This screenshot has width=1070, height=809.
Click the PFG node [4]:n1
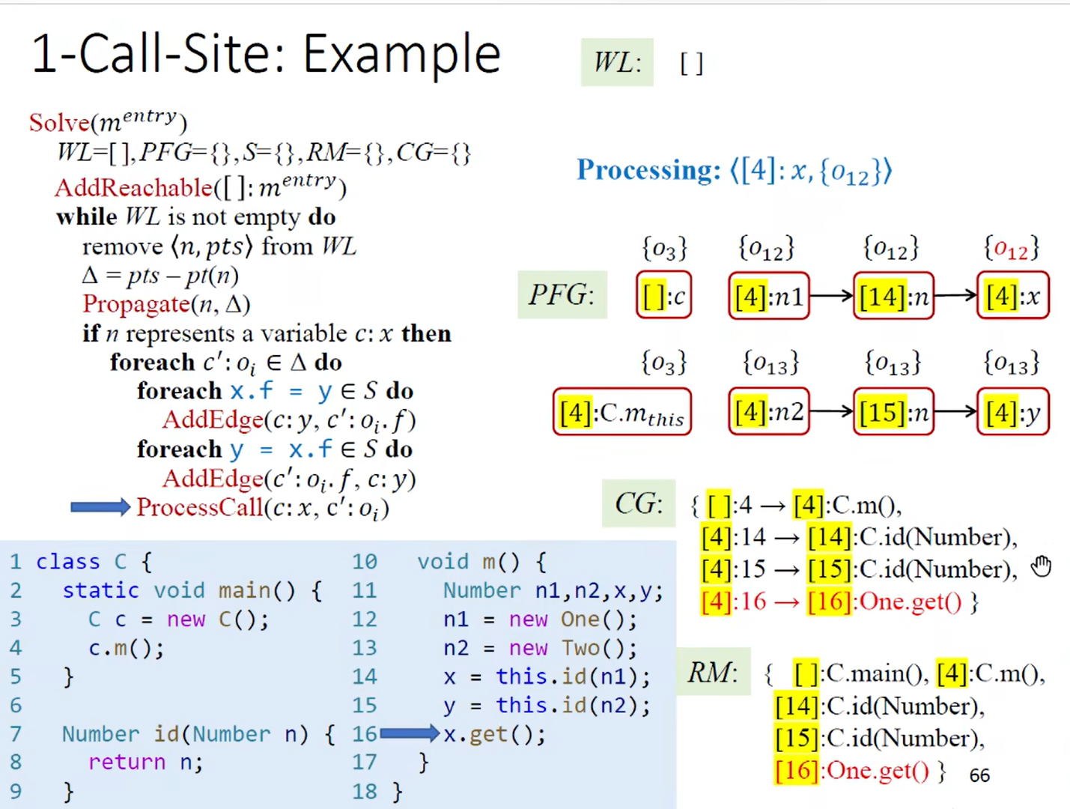coord(768,297)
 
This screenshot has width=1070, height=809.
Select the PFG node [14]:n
coord(893,297)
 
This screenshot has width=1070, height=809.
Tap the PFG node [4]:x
coord(1012,297)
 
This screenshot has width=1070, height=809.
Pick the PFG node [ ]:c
coord(663,297)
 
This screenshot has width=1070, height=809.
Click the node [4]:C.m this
coord(621,412)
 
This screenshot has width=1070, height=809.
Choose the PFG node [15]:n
coord(893,412)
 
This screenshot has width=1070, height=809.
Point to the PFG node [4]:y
coord(1012,412)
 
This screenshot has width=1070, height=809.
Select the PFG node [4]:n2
coord(768,412)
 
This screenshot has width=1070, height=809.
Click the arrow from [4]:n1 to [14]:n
coord(831,297)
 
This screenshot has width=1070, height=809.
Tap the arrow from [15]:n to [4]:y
coord(955,411)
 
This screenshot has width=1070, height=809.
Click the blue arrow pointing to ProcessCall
coord(100,508)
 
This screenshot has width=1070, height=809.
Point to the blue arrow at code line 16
coord(409,733)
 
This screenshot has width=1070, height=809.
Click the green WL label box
coord(617,62)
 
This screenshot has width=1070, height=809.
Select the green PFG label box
coord(562,295)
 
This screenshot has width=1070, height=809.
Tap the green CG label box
coord(639,503)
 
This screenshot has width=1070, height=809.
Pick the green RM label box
coord(713,672)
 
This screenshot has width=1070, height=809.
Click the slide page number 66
coord(979,775)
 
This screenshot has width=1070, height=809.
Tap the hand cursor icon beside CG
coord(1041,567)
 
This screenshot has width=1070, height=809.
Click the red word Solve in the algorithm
coord(59,122)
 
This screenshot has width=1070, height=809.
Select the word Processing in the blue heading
coord(648,170)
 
